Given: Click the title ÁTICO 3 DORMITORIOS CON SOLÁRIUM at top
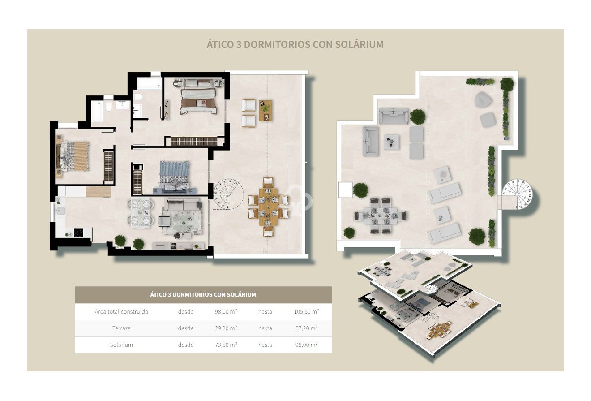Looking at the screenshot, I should click(x=295, y=44).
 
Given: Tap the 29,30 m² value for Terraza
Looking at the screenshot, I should click(x=226, y=328).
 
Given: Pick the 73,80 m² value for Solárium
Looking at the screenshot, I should click(x=226, y=345).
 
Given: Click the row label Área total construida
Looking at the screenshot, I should click(x=121, y=311).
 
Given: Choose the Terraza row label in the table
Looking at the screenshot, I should click(x=121, y=328).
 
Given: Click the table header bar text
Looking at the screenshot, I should click(x=203, y=294).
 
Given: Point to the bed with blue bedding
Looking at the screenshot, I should click(x=175, y=176).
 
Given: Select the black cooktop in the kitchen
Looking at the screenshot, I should click(x=78, y=233).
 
